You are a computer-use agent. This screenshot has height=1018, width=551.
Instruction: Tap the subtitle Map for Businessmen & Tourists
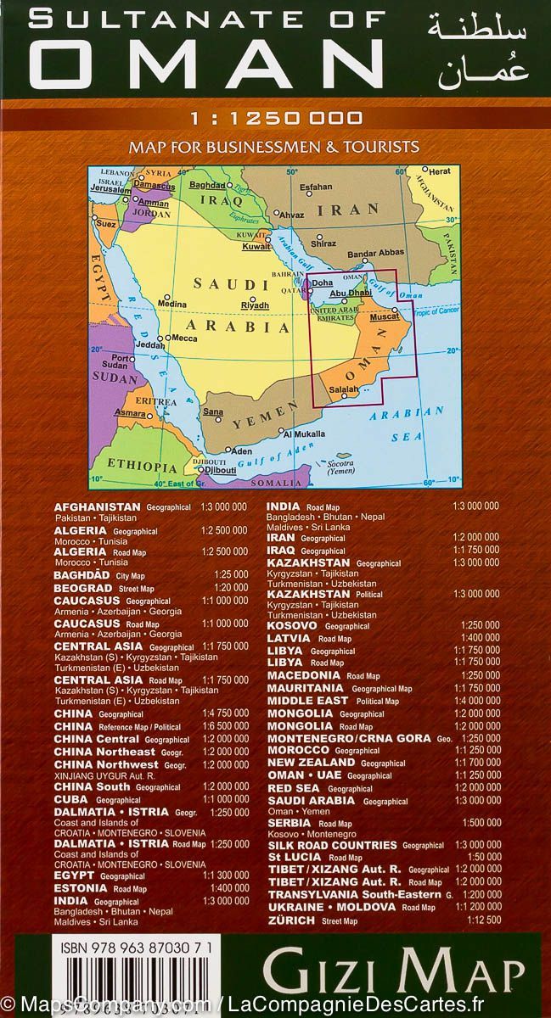coord(274,147)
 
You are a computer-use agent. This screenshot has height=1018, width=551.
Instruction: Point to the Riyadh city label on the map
coord(255,305)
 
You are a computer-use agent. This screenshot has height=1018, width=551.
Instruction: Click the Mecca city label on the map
coord(185,338)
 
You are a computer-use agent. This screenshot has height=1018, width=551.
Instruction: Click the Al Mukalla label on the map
coord(298,434)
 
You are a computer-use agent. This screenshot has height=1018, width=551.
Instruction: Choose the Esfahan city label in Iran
coord(316,186)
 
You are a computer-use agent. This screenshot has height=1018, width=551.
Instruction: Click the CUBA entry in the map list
coord(71,798)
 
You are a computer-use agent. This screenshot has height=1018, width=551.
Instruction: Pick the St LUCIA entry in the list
coord(294,858)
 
